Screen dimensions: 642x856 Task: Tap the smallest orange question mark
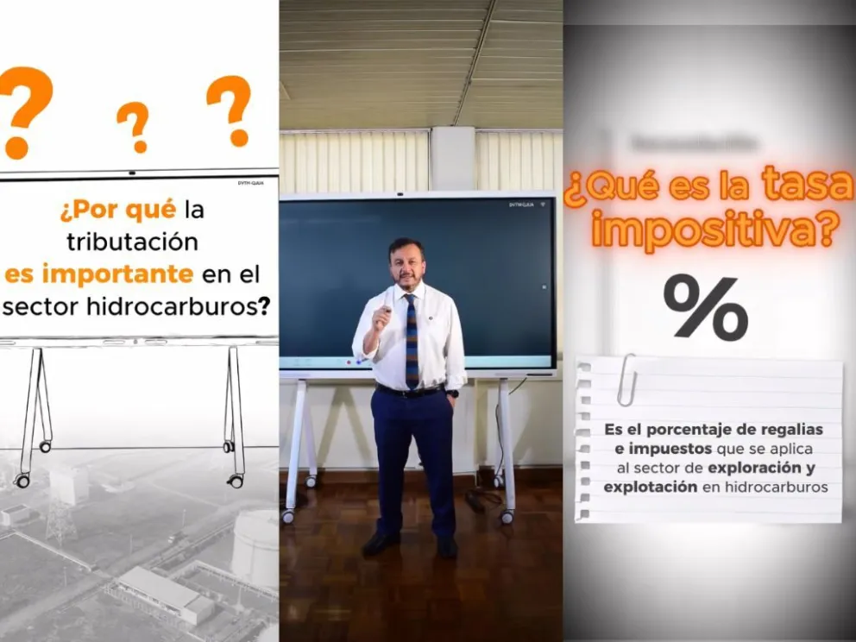[134, 126]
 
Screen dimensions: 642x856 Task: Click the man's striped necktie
[412, 340]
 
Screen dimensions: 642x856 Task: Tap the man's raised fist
[381, 318]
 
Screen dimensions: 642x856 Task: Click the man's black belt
[411, 392]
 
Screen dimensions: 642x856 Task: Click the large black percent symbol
[705, 307]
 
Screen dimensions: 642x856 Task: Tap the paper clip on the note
[626, 380]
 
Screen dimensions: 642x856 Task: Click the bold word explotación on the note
[639, 487]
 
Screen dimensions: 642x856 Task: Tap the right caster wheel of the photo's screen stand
[507, 517]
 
